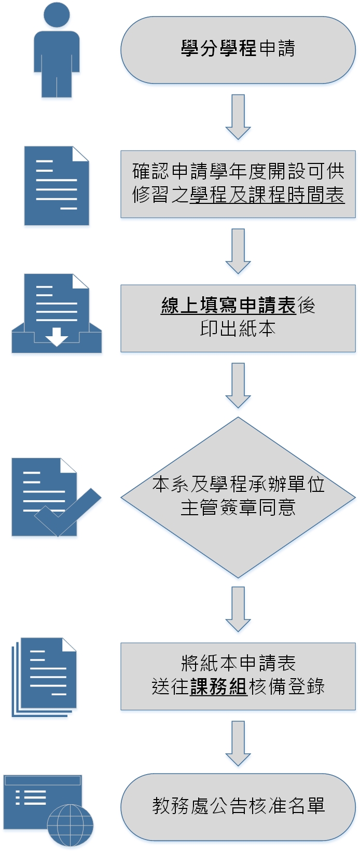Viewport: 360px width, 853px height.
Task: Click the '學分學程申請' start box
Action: (x=238, y=50)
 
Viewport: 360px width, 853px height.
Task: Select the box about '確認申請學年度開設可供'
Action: (x=238, y=171)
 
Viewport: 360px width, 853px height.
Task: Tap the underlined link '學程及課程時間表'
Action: (x=267, y=195)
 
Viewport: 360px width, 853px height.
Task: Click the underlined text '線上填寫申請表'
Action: (x=228, y=306)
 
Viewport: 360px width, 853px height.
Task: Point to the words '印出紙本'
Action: (x=238, y=329)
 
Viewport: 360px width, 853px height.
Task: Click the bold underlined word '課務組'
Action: (x=218, y=686)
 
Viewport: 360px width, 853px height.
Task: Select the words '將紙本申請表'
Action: (x=238, y=663)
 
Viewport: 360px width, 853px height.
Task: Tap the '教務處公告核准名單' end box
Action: (x=238, y=806)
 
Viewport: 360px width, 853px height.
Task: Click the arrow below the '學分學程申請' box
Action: (x=238, y=117)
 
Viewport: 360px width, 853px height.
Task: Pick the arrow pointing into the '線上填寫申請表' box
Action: (x=238, y=251)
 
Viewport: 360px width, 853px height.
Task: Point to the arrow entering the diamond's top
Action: (x=238, y=386)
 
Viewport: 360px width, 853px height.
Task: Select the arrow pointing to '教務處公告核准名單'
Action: (x=238, y=743)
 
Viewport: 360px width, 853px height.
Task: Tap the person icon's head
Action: (x=57, y=14)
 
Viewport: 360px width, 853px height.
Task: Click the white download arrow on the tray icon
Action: (x=57, y=337)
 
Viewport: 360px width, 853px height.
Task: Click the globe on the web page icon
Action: (x=70, y=825)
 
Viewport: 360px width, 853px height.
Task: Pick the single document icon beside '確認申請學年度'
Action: (x=57, y=186)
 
